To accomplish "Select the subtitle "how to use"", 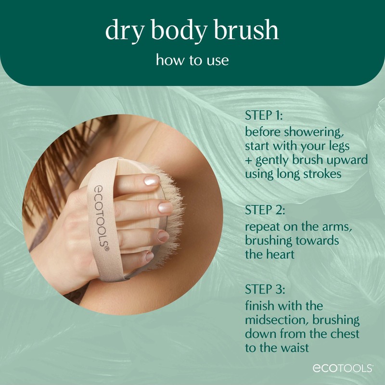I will [x=192, y=61].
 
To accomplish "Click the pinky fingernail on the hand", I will [x=150, y=257].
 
